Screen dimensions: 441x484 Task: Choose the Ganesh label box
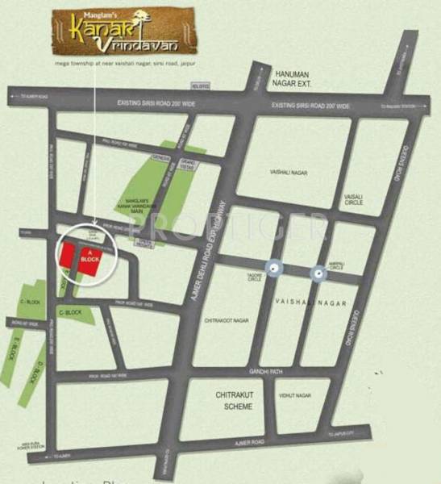coord(160,158)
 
